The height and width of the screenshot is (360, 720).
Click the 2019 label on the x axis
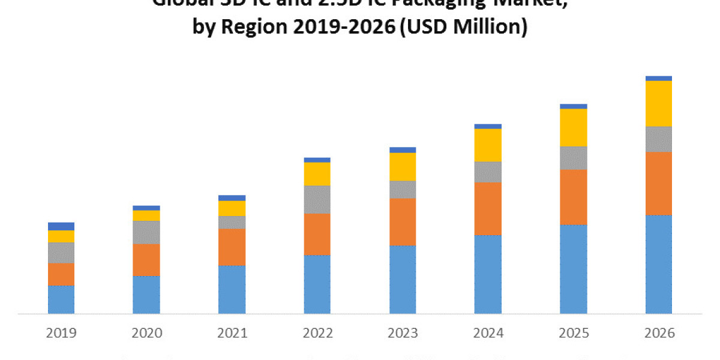coord(61,333)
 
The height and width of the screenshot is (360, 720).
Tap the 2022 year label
coord(317,333)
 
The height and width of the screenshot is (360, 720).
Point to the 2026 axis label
coord(659,333)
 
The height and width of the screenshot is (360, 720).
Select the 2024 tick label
coord(488,333)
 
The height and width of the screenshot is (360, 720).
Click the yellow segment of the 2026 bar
coord(659,103)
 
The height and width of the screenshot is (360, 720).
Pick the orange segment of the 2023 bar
coord(403,222)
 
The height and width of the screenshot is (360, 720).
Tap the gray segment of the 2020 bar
coord(146,232)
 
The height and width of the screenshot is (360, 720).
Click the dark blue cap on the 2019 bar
coord(61,226)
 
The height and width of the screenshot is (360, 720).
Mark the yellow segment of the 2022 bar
coord(317,174)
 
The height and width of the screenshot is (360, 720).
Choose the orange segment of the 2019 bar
coord(61,274)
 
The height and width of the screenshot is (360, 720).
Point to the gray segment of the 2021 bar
coord(232,222)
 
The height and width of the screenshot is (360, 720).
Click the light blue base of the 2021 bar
coord(232,289)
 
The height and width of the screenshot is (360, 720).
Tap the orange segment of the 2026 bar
coord(659,184)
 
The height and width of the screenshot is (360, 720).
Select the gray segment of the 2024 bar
coord(488,172)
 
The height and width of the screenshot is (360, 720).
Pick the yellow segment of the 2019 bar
coord(61,236)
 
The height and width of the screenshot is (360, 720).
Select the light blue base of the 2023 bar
coord(403,280)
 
